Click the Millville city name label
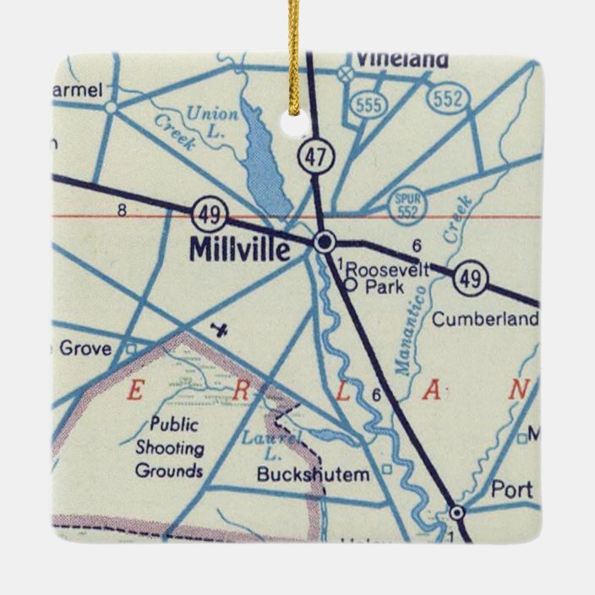240,248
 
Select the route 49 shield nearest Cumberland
471,279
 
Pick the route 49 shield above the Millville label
208,215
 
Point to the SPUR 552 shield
407,205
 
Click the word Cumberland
484,319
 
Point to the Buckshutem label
314,475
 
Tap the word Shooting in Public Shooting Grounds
169,448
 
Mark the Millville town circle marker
325,243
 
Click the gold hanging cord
294,51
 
